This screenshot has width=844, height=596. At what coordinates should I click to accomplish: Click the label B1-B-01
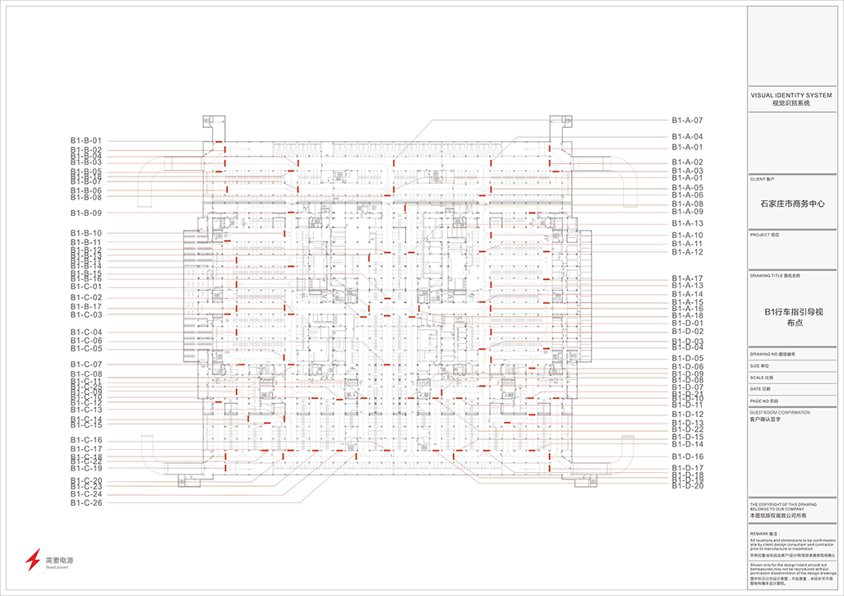[85, 140]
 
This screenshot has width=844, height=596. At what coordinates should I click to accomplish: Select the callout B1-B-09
[85, 213]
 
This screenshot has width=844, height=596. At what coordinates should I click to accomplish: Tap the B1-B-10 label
[85, 233]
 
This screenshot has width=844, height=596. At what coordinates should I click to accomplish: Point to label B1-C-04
[85, 332]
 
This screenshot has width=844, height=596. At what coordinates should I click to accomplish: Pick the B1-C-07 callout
[85, 364]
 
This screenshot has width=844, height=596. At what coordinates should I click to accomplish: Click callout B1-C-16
[85, 441]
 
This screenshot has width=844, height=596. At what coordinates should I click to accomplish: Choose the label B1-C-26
[85, 502]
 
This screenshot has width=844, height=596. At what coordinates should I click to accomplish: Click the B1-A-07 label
[687, 121]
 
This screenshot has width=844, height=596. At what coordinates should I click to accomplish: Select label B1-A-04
[687, 136]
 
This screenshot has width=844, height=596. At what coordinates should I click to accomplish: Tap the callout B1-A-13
[687, 223]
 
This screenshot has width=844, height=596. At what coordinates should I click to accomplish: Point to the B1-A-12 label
[687, 252]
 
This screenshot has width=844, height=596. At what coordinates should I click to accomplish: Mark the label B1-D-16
[688, 456]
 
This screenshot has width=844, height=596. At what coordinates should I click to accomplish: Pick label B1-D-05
[688, 359]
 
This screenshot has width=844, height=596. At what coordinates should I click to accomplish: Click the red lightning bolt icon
[32, 560]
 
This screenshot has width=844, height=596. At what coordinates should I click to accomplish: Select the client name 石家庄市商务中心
[794, 204]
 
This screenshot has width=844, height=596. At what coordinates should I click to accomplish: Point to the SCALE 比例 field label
[763, 376]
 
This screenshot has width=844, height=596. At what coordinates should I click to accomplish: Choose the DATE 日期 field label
[762, 388]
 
